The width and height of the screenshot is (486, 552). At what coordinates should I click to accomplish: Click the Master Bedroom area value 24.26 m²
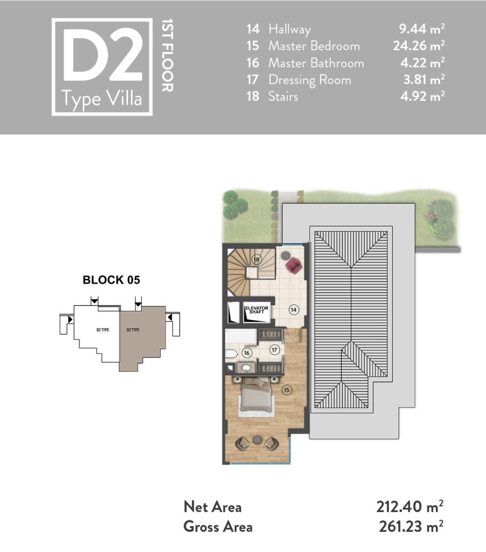(x=419, y=46)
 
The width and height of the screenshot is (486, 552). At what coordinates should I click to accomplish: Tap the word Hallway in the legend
(x=290, y=29)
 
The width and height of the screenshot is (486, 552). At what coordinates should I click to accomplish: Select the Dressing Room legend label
(x=309, y=80)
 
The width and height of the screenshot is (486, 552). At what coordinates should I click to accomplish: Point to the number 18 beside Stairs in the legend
(x=252, y=96)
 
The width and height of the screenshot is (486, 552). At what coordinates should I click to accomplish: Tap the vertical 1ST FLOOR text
(x=167, y=56)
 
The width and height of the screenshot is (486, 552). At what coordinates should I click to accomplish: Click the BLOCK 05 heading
(x=111, y=280)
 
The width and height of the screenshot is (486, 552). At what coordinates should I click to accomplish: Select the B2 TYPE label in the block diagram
(x=103, y=330)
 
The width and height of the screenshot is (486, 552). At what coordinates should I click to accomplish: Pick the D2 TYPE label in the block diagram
(x=133, y=330)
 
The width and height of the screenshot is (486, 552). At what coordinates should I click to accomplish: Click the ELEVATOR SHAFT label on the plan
(x=257, y=310)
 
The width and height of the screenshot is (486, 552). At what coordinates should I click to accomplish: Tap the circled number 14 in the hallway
(x=293, y=310)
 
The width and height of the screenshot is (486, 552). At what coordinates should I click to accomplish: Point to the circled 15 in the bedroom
(x=287, y=390)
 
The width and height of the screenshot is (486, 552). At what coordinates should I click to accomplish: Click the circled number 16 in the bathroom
(x=246, y=353)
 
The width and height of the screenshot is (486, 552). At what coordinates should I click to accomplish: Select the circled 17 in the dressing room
(x=274, y=350)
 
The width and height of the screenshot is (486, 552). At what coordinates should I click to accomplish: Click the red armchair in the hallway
(x=294, y=265)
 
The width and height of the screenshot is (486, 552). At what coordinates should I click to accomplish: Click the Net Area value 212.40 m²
(x=410, y=507)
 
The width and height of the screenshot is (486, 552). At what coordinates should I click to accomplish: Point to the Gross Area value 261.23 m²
(x=411, y=527)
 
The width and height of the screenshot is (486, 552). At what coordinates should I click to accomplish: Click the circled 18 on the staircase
(x=257, y=260)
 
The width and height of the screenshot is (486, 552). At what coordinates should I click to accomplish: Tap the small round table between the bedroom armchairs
(x=257, y=440)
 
